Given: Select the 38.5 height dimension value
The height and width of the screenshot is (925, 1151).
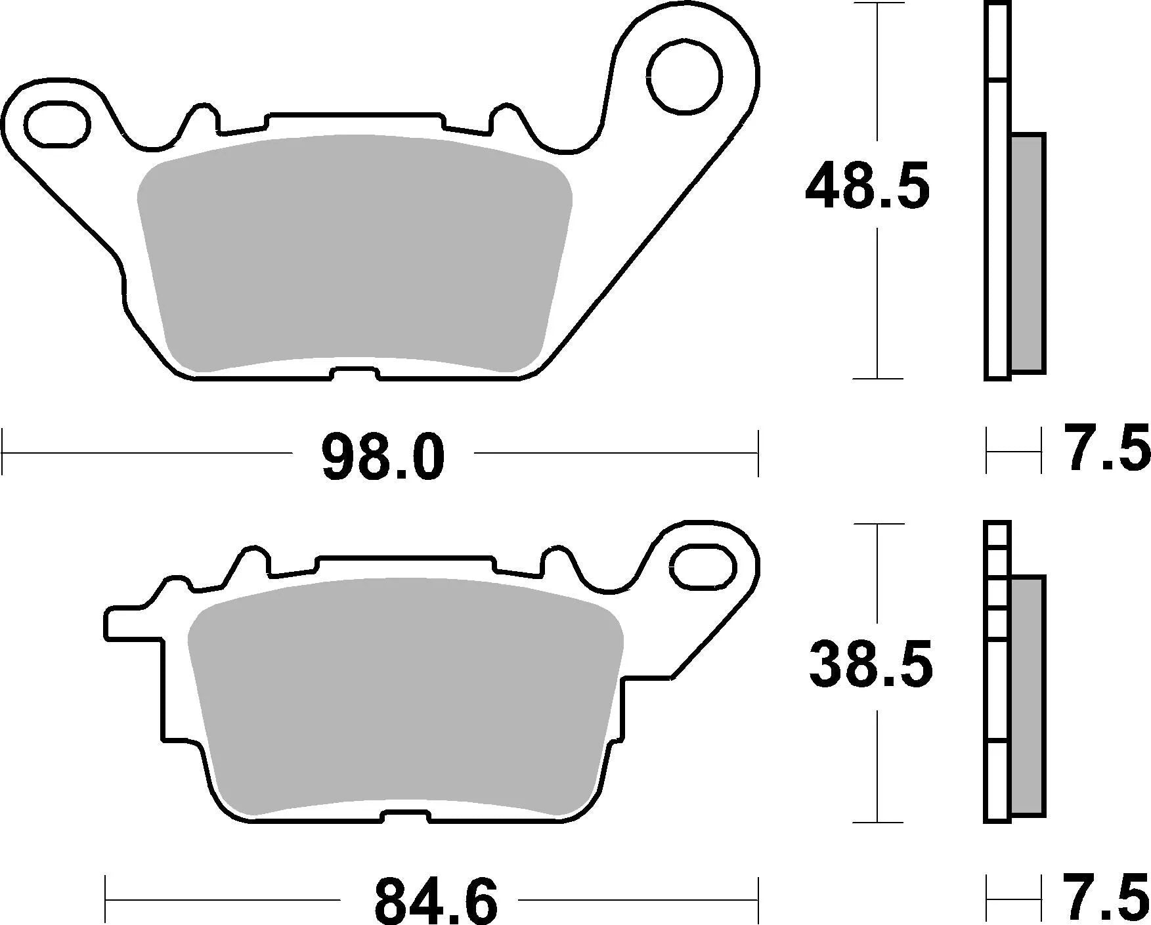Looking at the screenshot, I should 870,664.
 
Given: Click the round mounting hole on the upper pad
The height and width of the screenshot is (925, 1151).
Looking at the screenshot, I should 684,78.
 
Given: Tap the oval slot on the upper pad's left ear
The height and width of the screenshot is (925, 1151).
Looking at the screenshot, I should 57,124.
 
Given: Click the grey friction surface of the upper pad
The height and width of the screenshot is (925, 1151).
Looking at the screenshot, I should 355,253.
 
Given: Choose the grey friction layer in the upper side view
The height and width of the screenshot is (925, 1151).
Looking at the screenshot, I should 1028,253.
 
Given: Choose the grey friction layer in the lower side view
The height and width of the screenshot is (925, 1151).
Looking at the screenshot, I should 1028,696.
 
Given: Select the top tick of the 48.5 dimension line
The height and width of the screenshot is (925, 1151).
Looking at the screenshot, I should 878,3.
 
